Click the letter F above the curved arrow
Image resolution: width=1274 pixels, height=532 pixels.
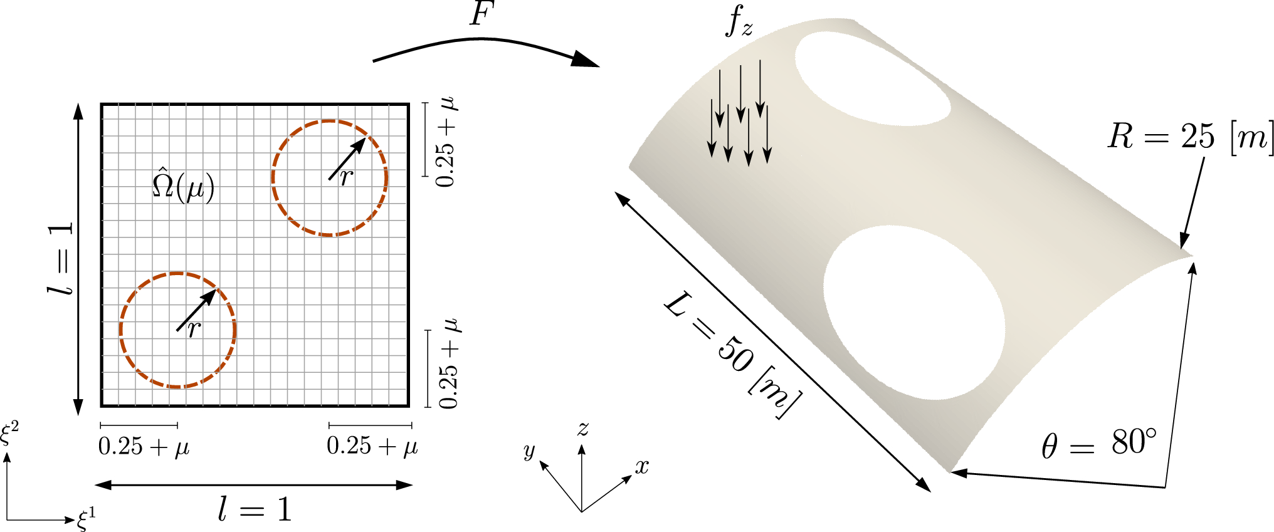click(482, 14)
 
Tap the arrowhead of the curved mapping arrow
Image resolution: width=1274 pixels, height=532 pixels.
click(586, 59)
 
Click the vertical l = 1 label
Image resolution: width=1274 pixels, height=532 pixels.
click(61, 258)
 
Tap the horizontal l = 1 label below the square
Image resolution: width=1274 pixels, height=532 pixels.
click(255, 509)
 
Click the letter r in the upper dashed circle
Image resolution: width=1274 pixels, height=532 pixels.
click(347, 178)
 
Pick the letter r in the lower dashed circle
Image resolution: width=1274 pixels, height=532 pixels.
click(194, 329)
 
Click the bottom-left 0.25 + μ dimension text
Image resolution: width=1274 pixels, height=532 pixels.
click(144, 447)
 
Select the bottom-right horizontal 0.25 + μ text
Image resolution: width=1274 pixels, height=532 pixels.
click(372, 446)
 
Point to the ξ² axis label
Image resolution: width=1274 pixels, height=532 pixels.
click(10, 433)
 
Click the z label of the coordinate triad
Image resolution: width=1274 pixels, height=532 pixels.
click(583, 429)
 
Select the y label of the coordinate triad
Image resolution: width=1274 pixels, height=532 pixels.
click(530, 451)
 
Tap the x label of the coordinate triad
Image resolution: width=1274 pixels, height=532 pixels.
click(642, 466)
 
